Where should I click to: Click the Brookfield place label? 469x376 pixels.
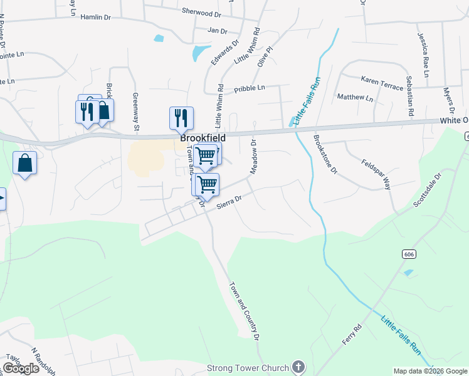pyautogui.click(x=203, y=138)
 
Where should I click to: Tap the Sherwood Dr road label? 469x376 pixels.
pyautogui.click(x=201, y=12)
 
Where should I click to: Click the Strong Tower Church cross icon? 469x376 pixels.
pyautogui.click(x=298, y=368)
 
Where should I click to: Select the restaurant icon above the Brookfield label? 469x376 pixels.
pyautogui.click(x=181, y=117)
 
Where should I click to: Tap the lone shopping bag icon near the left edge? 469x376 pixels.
pyautogui.click(x=24, y=163)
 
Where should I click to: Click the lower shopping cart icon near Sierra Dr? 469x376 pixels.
pyautogui.click(x=207, y=184)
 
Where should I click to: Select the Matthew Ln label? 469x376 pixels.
pyautogui.click(x=355, y=98)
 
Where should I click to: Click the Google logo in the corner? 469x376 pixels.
pyautogui.click(x=21, y=368)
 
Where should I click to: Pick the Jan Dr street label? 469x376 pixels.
pyautogui.click(x=217, y=30)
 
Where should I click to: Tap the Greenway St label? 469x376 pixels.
pyautogui.click(x=135, y=112)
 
